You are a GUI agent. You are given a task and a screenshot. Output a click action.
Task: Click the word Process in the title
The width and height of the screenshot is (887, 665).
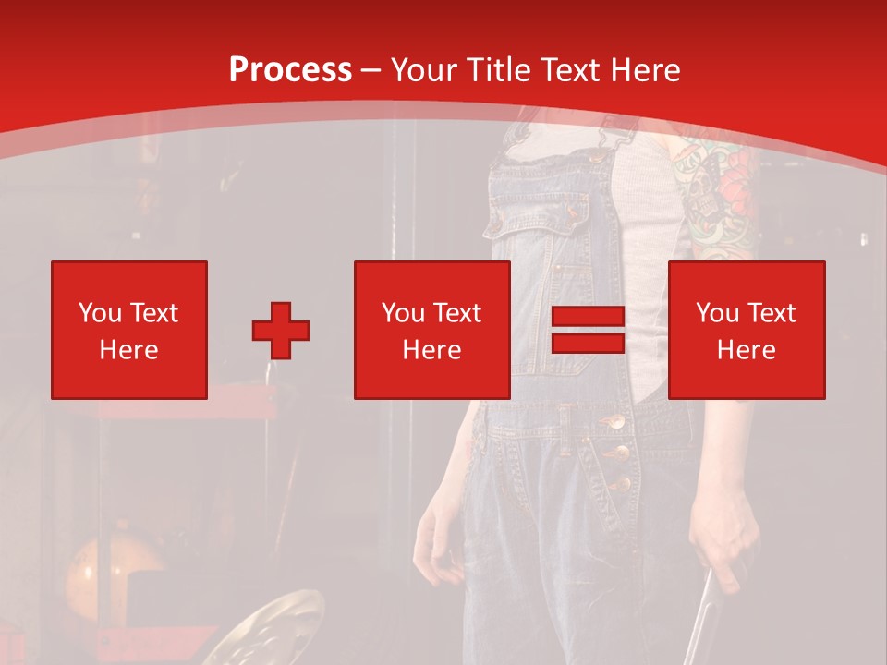coord(290,70)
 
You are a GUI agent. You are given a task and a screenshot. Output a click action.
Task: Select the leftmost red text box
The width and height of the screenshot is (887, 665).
coord(129,330)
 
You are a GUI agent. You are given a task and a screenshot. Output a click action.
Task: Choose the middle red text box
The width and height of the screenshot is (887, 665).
coord(432,330)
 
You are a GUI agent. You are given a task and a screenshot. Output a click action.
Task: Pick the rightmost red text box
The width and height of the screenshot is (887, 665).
coord(747,330)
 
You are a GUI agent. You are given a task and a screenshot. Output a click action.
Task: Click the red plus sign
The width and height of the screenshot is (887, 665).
coord(281,331)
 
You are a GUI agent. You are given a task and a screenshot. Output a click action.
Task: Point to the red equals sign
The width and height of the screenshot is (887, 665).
coord(588,331)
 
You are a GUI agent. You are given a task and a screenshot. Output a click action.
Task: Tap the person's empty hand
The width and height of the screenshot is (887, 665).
coord(434,545)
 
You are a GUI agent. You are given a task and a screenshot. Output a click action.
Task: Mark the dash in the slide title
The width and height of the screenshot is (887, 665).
coord(371,70)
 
